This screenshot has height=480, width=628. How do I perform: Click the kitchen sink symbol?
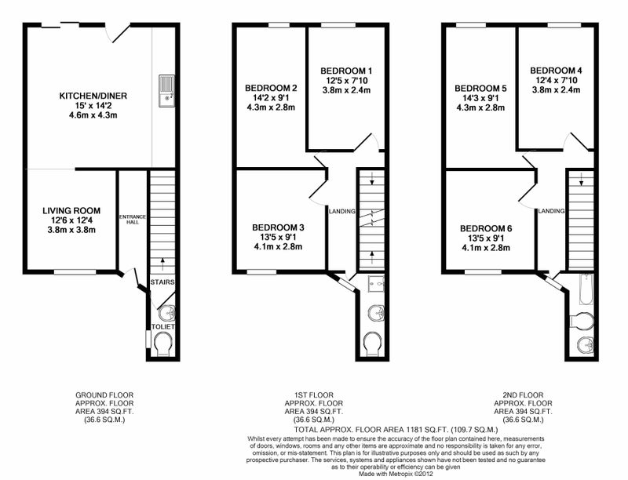(x=166, y=91)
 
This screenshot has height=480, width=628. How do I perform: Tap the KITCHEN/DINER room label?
(x=93, y=96)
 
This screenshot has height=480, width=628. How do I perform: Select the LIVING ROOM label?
(x=71, y=211)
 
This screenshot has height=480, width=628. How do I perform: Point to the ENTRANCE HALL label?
(x=133, y=219)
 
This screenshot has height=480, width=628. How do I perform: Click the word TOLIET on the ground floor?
(x=163, y=327)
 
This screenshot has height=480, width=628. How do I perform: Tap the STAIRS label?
(x=162, y=282)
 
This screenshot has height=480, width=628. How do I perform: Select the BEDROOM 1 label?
(x=346, y=71)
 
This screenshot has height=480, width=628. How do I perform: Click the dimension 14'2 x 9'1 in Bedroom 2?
(x=271, y=97)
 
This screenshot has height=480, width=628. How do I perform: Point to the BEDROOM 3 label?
(x=278, y=227)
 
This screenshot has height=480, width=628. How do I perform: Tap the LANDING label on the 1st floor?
(x=342, y=211)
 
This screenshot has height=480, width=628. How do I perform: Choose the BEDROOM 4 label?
(x=557, y=71)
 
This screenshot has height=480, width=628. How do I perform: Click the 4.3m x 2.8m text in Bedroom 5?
(x=480, y=107)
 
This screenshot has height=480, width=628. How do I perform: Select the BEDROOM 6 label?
(x=486, y=229)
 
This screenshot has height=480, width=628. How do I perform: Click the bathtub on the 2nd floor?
(x=586, y=289)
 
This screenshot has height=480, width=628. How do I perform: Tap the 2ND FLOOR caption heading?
(x=523, y=395)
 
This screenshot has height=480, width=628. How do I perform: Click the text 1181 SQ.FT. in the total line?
(x=428, y=430)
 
